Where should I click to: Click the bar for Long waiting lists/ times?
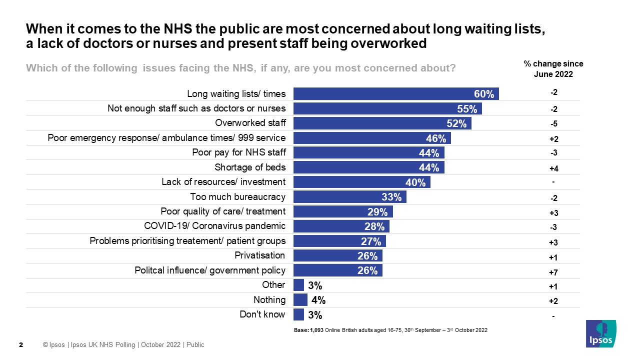pyautogui.click(x=395, y=94)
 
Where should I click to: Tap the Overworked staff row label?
pyautogui.click(x=250, y=123)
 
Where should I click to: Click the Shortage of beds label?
pyautogui.click(x=250, y=167)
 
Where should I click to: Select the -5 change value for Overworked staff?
pyautogui.click(x=553, y=123)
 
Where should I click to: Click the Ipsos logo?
pyautogui.click(x=601, y=333)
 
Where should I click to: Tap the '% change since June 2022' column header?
pyautogui.click(x=553, y=69)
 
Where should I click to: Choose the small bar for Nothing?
pyautogui.click(x=300, y=300)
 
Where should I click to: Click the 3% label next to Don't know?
pyautogui.click(x=315, y=315)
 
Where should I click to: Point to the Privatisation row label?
pyautogui.click(x=260, y=255)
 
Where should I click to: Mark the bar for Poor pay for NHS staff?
pyautogui.click(x=368, y=153)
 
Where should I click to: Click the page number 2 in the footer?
pyautogui.click(x=20, y=345)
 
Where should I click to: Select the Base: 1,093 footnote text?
pyautogui.click(x=390, y=330)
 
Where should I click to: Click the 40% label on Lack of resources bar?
pyautogui.click(x=415, y=182)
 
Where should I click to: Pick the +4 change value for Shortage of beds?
pyautogui.click(x=553, y=168)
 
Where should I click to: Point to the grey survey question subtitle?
pyautogui.click(x=240, y=68)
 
